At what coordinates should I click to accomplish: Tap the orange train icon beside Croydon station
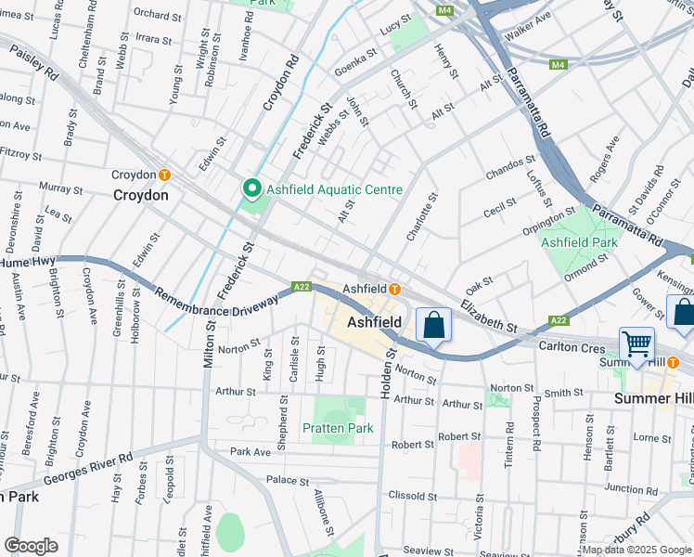164,175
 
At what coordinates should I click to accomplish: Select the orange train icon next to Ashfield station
394,290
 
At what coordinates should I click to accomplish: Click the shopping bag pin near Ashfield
433,325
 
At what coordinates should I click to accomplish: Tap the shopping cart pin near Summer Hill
637,343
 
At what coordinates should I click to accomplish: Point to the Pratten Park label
338,428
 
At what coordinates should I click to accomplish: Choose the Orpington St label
549,221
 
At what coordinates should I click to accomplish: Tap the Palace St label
287,481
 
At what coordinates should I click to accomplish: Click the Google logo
32,545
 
